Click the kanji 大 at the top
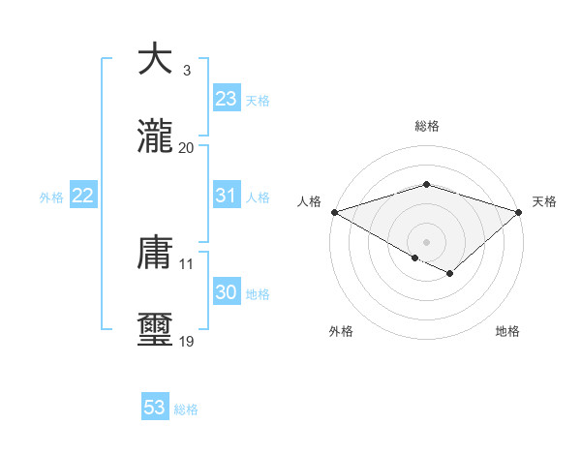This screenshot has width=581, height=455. point(157,59)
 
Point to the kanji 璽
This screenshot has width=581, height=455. point(157,330)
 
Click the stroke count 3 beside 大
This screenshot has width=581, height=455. point(186,71)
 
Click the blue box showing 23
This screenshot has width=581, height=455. point(226,99)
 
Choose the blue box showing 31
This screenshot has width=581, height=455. point(226,196)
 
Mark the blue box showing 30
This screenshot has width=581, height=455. point(226,292)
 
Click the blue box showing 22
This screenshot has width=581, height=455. point(83,196)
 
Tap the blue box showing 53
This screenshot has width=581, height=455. point(155,408)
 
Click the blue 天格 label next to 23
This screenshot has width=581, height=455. point(258,101)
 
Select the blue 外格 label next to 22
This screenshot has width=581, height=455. point(51,197)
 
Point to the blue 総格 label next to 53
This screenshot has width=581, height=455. point(186,409)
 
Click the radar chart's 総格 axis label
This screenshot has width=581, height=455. point(426,126)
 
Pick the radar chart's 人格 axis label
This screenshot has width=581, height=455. point(308,201)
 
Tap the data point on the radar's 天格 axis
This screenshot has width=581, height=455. point(520,211)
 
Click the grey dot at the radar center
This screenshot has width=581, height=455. point(426,241)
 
